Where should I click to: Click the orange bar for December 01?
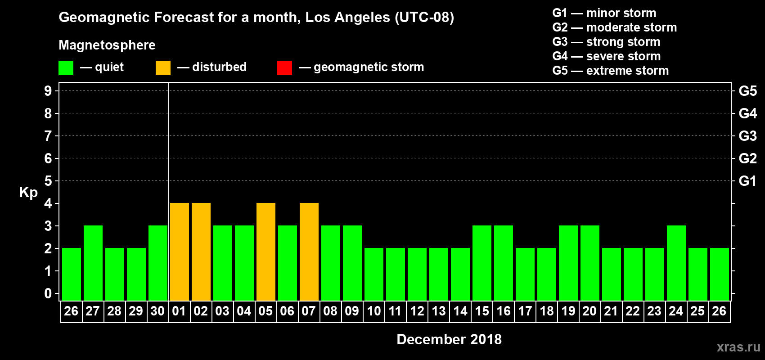pyautogui.click(x=180, y=252)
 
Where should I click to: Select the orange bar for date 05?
pyautogui.click(x=266, y=252)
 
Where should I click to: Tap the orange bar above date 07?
pyautogui.click(x=309, y=252)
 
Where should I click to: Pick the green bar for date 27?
pyautogui.click(x=93, y=263)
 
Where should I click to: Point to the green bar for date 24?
pyautogui.click(x=676, y=263)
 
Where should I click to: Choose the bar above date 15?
pyautogui.click(x=482, y=263)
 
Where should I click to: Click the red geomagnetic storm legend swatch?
pyautogui.click(x=284, y=68)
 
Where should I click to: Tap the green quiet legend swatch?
pyautogui.click(x=66, y=68)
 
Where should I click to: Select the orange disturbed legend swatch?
pyautogui.click(x=163, y=68)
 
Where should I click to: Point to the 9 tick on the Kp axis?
pyautogui.click(x=48, y=91)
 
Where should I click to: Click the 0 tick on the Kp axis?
pyautogui.click(x=48, y=294)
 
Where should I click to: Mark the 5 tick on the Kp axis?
pyautogui.click(x=48, y=181)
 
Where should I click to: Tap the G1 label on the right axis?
pyautogui.click(x=747, y=181)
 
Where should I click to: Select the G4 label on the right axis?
pyautogui.click(x=747, y=113)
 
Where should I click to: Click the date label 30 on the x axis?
pyautogui.click(x=157, y=311)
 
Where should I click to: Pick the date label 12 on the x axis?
pyautogui.click(x=417, y=311)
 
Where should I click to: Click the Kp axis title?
pyautogui.click(x=28, y=193)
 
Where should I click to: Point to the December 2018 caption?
pyautogui.click(x=449, y=339)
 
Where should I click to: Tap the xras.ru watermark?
pyautogui.click(x=738, y=347)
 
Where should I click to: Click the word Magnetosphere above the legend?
pyautogui.click(x=107, y=45)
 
